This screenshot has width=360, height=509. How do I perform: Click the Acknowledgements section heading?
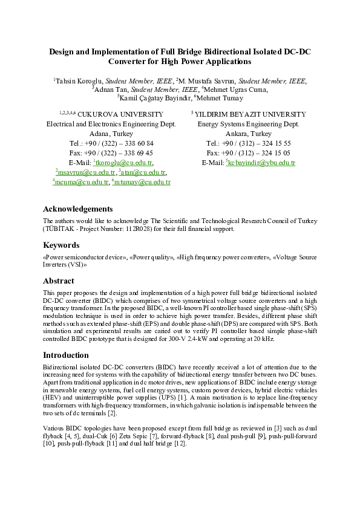(x=77, y=209)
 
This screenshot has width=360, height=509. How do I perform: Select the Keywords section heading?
(x=61, y=245)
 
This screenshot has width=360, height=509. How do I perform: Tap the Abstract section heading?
(x=59, y=281)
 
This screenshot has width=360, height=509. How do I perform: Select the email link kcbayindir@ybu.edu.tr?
(x=261, y=163)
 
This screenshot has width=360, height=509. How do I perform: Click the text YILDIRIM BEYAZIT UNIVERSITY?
(x=250, y=114)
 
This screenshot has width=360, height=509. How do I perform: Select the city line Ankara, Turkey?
(x=248, y=134)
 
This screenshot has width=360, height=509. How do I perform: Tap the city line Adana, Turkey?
(x=111, y=134)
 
